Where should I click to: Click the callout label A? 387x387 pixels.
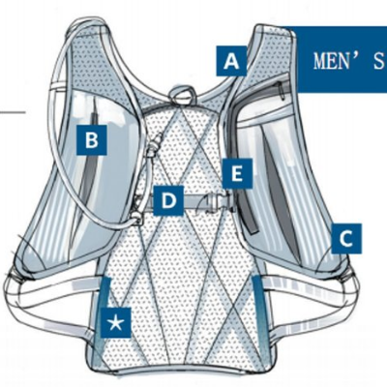[231, 61]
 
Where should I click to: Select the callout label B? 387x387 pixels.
[92, 140]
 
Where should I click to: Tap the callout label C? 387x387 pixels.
[346, 239]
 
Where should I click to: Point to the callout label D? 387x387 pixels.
[168, 200]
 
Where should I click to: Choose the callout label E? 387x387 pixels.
[237, 173]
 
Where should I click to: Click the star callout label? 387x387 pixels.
[116, 322]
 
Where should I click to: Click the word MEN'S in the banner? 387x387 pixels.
[349, 61]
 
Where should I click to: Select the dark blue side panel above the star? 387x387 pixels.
[105, 292]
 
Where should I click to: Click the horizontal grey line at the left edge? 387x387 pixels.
[13, 112]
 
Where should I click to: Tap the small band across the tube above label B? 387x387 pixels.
[60, 86]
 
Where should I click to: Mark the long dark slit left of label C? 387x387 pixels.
[280, 192]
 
